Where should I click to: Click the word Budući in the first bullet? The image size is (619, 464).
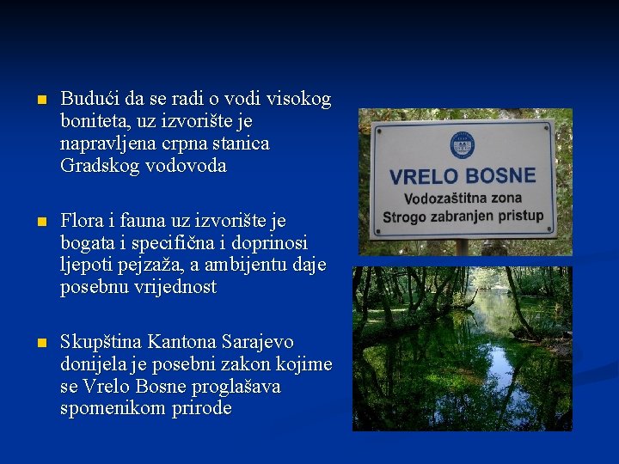click(89, 100)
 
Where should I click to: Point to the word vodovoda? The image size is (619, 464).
click(185, 166)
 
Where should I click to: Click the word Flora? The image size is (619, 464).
click(83, 222)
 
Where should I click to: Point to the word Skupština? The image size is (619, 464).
click(101, 342)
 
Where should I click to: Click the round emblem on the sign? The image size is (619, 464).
click(462, 143)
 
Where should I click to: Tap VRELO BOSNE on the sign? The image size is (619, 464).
click(463, 178)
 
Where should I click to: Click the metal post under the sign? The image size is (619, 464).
click(462, 247)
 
